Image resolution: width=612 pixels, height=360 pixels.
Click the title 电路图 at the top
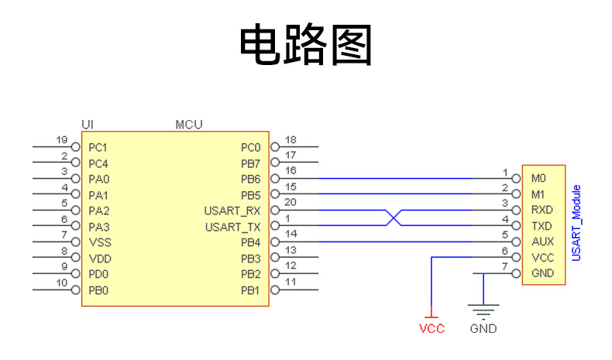[306, 45]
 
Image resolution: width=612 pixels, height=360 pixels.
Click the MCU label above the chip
[190, 124]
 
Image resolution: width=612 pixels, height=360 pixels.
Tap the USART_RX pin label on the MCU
[232, 211]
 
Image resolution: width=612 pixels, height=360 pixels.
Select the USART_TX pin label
[232, 227]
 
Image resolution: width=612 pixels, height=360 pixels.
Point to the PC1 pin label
[98, 147]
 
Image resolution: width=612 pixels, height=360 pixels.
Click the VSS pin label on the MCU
[99, 242]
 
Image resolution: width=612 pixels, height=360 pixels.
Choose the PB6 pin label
[250, 179]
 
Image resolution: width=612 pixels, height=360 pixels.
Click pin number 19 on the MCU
[64, 140]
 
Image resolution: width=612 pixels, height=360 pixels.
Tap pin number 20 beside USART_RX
[291, 203]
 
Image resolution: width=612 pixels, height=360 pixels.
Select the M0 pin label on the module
[538, 179]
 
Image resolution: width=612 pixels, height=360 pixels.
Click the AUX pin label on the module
[542, 242]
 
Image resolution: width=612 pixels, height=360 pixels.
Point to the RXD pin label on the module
[542, 210]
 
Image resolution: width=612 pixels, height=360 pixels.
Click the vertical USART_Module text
[576, 223]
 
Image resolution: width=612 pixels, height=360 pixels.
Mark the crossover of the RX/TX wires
[394, 218]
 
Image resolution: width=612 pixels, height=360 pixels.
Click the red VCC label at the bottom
[431, 328]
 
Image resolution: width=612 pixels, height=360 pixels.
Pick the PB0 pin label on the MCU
[98, 290]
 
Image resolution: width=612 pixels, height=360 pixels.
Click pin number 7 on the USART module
[505, 267]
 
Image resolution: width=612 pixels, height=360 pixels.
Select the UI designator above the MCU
[88, 124]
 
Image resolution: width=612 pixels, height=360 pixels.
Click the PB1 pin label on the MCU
[250, 290]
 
